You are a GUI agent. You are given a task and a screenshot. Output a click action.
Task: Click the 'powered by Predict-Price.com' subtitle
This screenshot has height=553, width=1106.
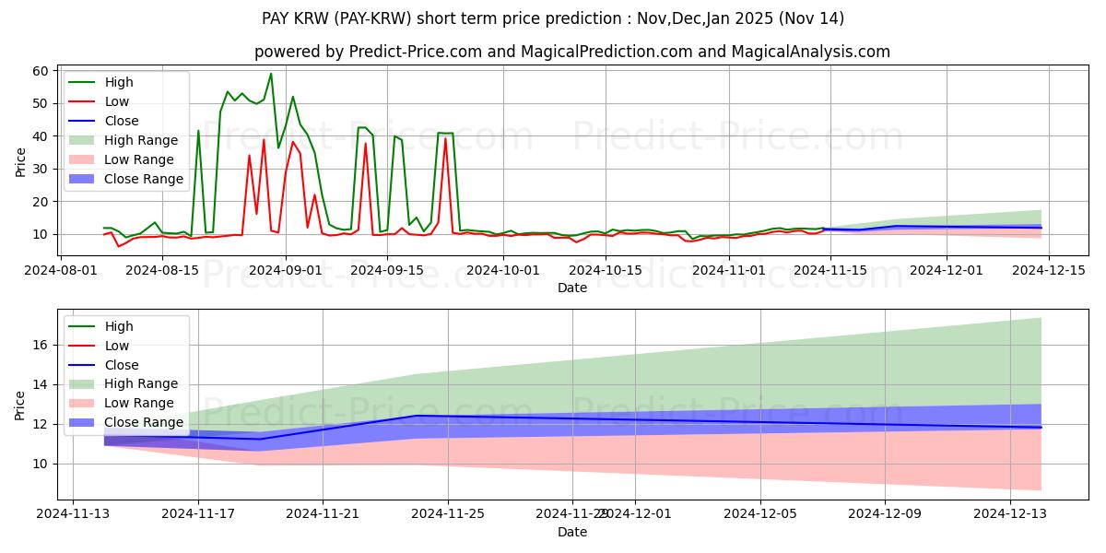(571, 52)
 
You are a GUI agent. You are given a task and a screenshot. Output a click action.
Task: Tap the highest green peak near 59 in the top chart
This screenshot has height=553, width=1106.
(271, 74)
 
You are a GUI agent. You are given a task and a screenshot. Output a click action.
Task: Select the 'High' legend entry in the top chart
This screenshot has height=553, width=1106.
(117, 82)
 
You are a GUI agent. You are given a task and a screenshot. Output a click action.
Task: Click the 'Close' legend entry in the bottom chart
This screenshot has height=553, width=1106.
(121, 365)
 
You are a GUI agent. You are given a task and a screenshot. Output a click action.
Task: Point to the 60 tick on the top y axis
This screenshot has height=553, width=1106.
(41, 71)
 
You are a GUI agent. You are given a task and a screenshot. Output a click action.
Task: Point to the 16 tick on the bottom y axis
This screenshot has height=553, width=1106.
(41, 345)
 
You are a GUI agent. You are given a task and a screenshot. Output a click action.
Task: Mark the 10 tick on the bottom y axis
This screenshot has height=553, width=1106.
(41, 464)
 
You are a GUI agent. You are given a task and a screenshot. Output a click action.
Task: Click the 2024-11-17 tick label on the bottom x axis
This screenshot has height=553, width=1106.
(198, 514)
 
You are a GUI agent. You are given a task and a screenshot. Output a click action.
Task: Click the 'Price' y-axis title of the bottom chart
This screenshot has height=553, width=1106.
(19, 405)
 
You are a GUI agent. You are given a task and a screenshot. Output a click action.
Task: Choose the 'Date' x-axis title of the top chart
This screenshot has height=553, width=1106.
(571, 288)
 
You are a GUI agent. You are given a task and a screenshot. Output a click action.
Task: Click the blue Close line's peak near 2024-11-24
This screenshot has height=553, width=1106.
(417, 416)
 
